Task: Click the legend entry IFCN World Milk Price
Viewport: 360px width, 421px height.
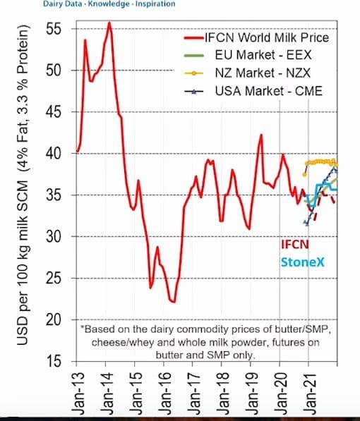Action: (x=267, y=37)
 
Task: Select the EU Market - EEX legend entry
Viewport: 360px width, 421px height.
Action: (x=263, y=55)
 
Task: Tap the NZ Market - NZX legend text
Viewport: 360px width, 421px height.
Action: (x=263, y=73)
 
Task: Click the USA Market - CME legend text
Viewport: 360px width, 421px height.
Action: (x=269, y=91)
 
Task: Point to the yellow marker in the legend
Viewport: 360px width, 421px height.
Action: (x=193, y=73)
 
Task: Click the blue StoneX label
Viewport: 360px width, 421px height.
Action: (x=303, y=262)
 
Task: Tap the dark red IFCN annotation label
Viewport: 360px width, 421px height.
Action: (x=295, y=244)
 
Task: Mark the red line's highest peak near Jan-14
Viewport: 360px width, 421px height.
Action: (x=109, y=22)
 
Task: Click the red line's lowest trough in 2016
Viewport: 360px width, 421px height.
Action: (x=174, y=302)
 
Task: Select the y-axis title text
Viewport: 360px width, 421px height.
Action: (x=23, y=185)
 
